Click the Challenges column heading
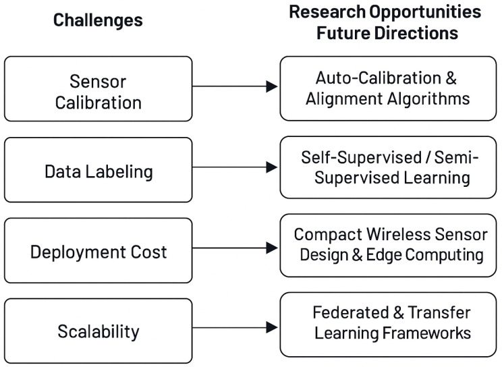[98, 20]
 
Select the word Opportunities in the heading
[425, 13]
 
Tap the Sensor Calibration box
[99, 88]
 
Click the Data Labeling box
[99, 170]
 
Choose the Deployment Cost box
[99, 250]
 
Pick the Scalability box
[99, 331]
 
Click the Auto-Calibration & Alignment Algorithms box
[388, 88]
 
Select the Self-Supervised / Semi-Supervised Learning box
[388, 167]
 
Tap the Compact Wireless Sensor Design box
[388, 246]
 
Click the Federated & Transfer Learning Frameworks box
[388, 324]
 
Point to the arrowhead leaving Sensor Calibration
[271, 86]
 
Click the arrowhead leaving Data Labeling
[271, 167]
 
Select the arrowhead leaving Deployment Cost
[271, 248]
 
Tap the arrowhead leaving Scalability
[271, 327]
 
